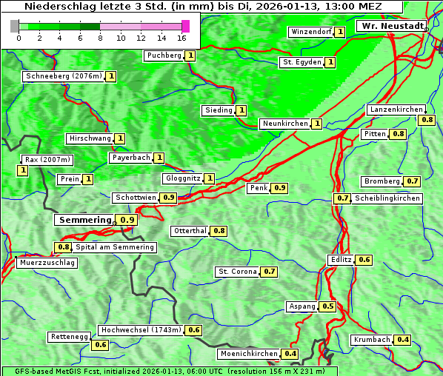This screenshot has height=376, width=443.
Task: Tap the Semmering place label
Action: (x=84, y=220)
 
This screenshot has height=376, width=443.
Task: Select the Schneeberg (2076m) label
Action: (x=63, y=76)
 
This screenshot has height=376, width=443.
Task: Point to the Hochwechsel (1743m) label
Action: (x=141, y=330)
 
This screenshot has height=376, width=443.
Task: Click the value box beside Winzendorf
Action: (x=339, y=32)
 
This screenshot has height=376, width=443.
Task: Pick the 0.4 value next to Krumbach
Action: (x=402, y=340)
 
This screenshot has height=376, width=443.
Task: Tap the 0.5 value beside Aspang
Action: (x=328, y=306)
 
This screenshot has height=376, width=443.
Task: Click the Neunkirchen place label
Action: (x=284, y=124)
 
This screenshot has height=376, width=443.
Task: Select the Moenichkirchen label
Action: (x=249, y=354)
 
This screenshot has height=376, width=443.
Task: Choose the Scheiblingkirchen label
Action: (x=387, y=198)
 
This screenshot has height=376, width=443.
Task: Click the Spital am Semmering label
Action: (x=115, y=247)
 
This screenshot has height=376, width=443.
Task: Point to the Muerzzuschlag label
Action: (x=47, y=263)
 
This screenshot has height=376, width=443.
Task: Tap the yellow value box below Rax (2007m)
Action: (x=23, y=170)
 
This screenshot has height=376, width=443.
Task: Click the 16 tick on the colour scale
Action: (x=181, y=37)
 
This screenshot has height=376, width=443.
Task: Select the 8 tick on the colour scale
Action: (x=100, y=37)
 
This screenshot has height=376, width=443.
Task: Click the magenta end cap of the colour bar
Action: (x=185, y=27)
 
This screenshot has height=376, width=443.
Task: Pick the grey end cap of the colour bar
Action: (x=15, y=27)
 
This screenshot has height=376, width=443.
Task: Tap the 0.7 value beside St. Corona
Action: (x=270, y=272)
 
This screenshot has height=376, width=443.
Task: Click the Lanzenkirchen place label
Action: (x=396, y=110)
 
